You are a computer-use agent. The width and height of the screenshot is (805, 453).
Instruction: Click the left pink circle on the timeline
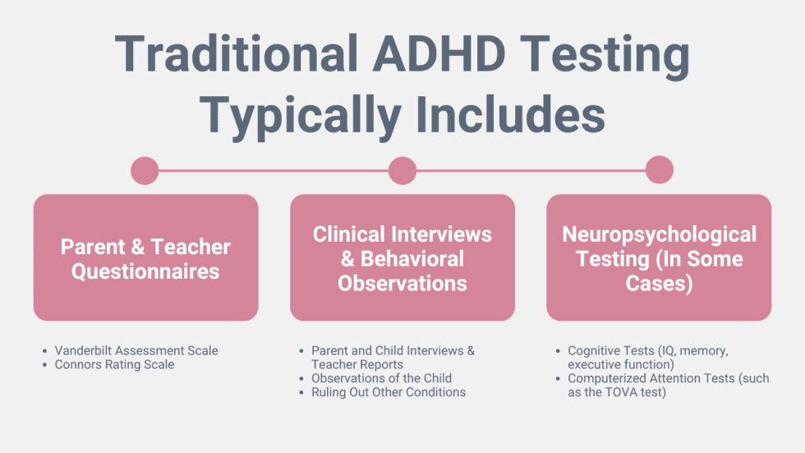pyautogui.click(x=145, y=171)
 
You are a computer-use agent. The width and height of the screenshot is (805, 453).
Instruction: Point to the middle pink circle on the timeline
pyautogui.click(x=402, y=171)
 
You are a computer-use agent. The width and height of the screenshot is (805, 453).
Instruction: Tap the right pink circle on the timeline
pyautogui.click(x=659, y=171)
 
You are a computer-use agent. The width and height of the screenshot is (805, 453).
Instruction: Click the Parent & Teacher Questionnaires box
pyautogui.click(x=145, y=257)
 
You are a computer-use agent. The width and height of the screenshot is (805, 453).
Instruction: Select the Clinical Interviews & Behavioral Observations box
pyautogui.click(x=402, y=257)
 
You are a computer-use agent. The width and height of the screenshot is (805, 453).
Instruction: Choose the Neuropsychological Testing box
pyautogui.click(x=659, y=257)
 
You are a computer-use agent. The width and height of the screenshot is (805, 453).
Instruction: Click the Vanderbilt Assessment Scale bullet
pyautogui.click(x=136, y=350)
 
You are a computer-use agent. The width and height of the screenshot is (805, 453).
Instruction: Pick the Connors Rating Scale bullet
pyautogui.click(x=114, y=364)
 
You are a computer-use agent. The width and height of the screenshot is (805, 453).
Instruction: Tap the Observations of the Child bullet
pyautogui.click(x=381, y=378)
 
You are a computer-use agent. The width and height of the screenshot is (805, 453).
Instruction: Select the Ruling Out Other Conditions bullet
pyautogui.click(x=388, y=392)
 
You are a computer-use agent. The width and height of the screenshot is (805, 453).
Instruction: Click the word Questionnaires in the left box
pyautogui.click(x=145, y=271)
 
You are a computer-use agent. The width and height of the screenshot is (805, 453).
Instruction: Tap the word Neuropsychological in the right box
pyautogui.click(x=659, y=234)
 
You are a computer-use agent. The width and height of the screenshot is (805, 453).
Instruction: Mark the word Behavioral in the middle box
pyautogui.click(x=412, y=259)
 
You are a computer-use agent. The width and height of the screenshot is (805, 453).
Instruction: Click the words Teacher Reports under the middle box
pyautogui.click(x=357, y=364)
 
